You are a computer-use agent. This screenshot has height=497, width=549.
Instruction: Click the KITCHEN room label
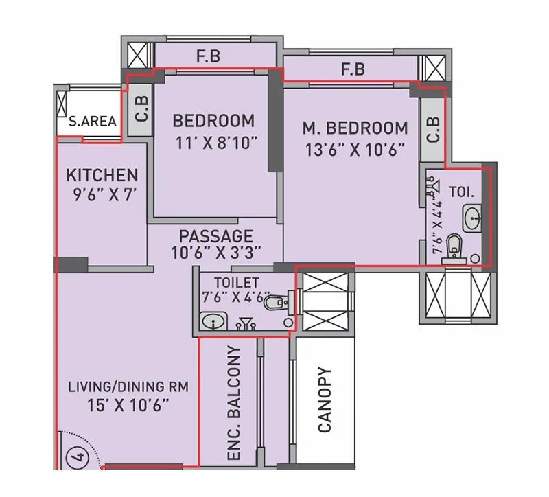(102, 175)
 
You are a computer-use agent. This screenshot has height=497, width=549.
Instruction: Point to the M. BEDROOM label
(355, 128)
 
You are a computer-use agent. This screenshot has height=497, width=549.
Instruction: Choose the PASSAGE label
(216, 235)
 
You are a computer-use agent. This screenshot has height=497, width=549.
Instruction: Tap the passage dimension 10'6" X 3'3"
(216, 252)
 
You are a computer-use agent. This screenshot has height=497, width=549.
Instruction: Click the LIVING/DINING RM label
(128, 386)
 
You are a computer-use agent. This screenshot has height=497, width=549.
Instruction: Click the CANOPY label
(325, 400)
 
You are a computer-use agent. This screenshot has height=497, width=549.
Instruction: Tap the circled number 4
(76, 456)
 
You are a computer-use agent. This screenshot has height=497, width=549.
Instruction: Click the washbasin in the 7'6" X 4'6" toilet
(213, 321)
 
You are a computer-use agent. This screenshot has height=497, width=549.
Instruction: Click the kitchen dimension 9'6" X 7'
(106, 194)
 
